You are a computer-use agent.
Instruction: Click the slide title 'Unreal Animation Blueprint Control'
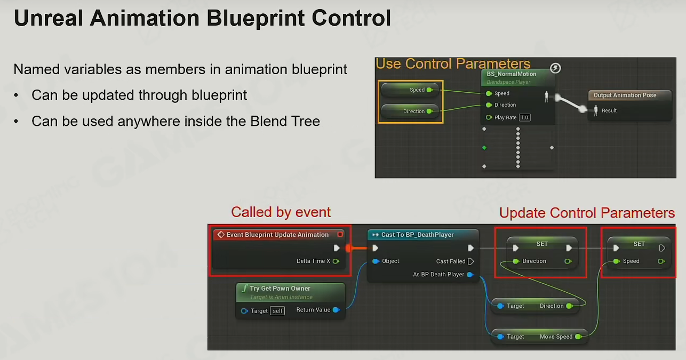(202, 18)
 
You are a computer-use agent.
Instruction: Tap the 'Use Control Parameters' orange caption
(453, 63)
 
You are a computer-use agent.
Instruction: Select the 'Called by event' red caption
(281, 212)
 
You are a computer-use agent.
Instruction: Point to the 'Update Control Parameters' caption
(587, 213)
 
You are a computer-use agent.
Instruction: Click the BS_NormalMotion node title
(512, 74)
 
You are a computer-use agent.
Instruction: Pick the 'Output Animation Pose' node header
(625, 95)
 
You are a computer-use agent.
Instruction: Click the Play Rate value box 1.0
(524, 117)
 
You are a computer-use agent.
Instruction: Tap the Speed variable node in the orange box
(410, 90)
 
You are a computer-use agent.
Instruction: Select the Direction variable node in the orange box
(410, 111)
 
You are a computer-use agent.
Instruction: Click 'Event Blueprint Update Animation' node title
(277, 235)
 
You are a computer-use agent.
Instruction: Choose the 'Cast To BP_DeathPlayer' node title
(417, 235)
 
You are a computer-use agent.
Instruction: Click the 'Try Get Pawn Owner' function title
(280, 289)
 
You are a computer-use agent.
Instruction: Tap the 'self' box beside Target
(277, 311)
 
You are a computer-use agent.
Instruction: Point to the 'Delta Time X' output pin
(336, 261)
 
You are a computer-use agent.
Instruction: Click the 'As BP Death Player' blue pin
(470, 275)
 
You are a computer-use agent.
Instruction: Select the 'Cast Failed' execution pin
(471, 261)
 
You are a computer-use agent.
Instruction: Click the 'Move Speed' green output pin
(578, 337)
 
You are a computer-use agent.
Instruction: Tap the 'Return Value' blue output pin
(336, 310)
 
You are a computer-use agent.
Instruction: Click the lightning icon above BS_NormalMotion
(555, 68)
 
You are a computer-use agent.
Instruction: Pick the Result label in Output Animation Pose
(609, 110)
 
